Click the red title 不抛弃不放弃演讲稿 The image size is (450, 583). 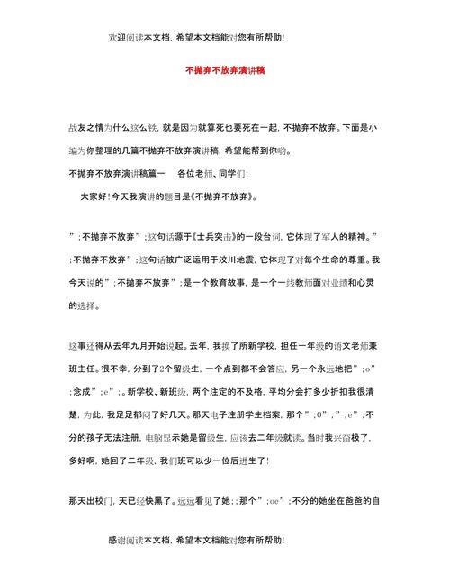coord(224,68)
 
